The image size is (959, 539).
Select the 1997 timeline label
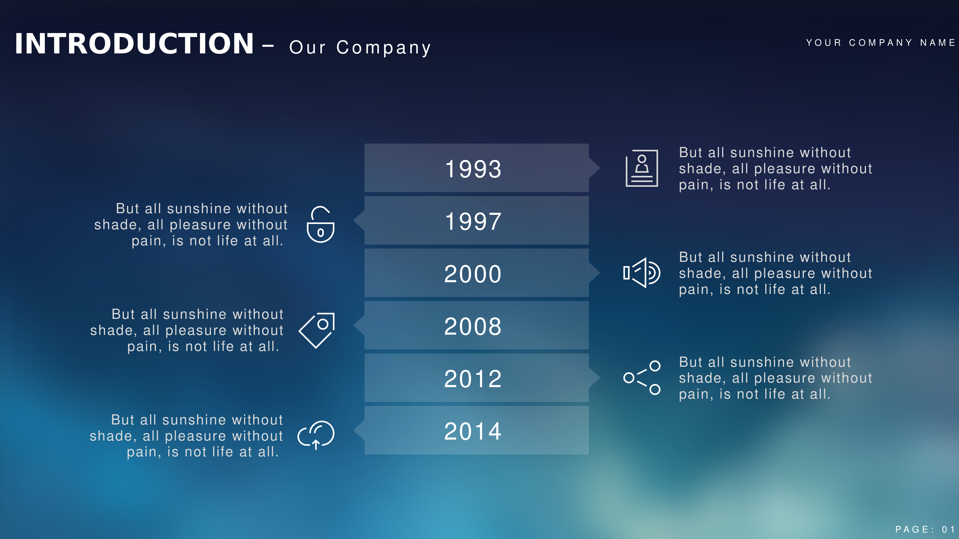pyautogui.click(x=473, y=221)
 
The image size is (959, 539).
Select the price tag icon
pyautogui.click(x=316, y=331)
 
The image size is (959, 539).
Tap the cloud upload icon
pyautogui.click(x=316, y=435)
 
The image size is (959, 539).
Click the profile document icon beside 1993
pyautogui.click(x=642, y=168)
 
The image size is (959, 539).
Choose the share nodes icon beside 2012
pyautogui.click(x=642, y=378)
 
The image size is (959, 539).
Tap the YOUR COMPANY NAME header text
pyautogui.click(x=880, y=43)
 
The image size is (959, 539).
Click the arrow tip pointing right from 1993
pyautogui.click(x=600, y=168)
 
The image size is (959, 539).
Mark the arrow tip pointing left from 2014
pyautogui.click(x=354, y=430)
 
